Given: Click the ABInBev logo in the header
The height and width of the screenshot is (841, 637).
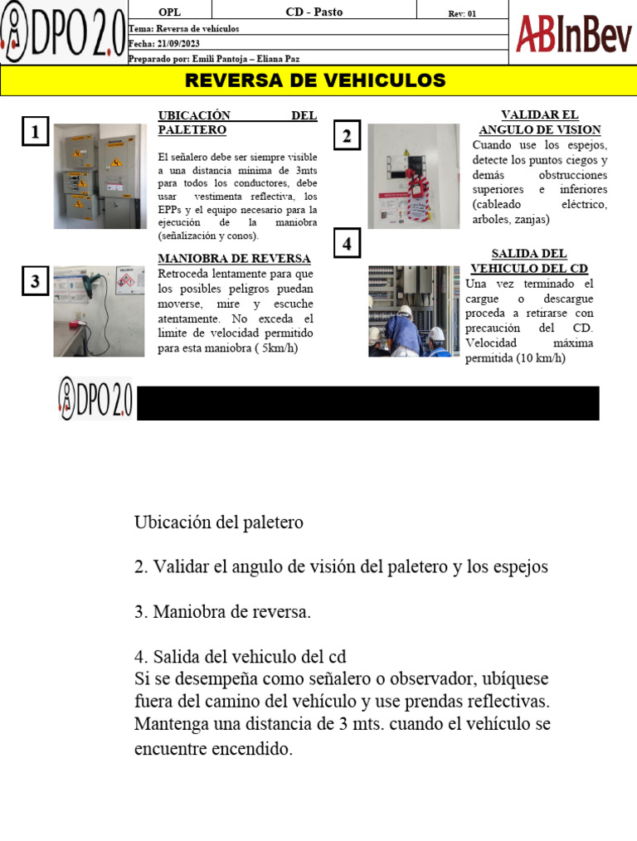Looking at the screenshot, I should point(573,34).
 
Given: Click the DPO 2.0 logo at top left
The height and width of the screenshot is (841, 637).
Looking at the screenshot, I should point(64,33).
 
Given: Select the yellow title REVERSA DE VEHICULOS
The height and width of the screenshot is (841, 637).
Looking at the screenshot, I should point(315,80).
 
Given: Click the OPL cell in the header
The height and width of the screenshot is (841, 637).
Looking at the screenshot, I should point(168,12).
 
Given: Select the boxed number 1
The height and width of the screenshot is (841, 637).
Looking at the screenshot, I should point(35,132).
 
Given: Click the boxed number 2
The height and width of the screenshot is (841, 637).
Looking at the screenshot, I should point(347,136).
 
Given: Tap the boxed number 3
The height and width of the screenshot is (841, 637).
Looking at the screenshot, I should point(35,281).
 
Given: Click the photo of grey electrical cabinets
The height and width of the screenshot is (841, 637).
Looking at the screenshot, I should point(100,176).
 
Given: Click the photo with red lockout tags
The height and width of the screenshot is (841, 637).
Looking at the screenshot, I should point(413,176).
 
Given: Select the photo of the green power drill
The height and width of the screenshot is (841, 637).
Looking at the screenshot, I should point(99,311).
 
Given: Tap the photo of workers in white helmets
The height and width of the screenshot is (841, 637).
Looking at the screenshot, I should point(413,311).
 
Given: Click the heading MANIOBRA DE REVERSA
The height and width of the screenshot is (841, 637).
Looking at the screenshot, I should point(234,259).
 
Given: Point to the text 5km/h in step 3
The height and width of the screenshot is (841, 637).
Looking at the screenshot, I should point(279,348).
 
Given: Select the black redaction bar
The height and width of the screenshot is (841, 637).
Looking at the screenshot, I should point(367,403).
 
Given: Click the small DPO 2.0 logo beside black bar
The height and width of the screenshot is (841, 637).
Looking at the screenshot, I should point(95,397).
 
